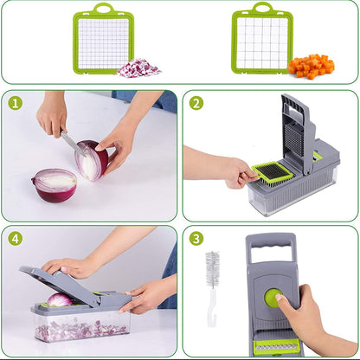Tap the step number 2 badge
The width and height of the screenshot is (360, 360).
pos(196,103)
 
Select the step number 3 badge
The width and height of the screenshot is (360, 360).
pos(196,239)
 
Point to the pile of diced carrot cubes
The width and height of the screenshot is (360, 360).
pos(311,66)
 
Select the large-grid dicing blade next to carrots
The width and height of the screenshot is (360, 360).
pos(261,43)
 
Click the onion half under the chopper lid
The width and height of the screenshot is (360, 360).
pos(59,299)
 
